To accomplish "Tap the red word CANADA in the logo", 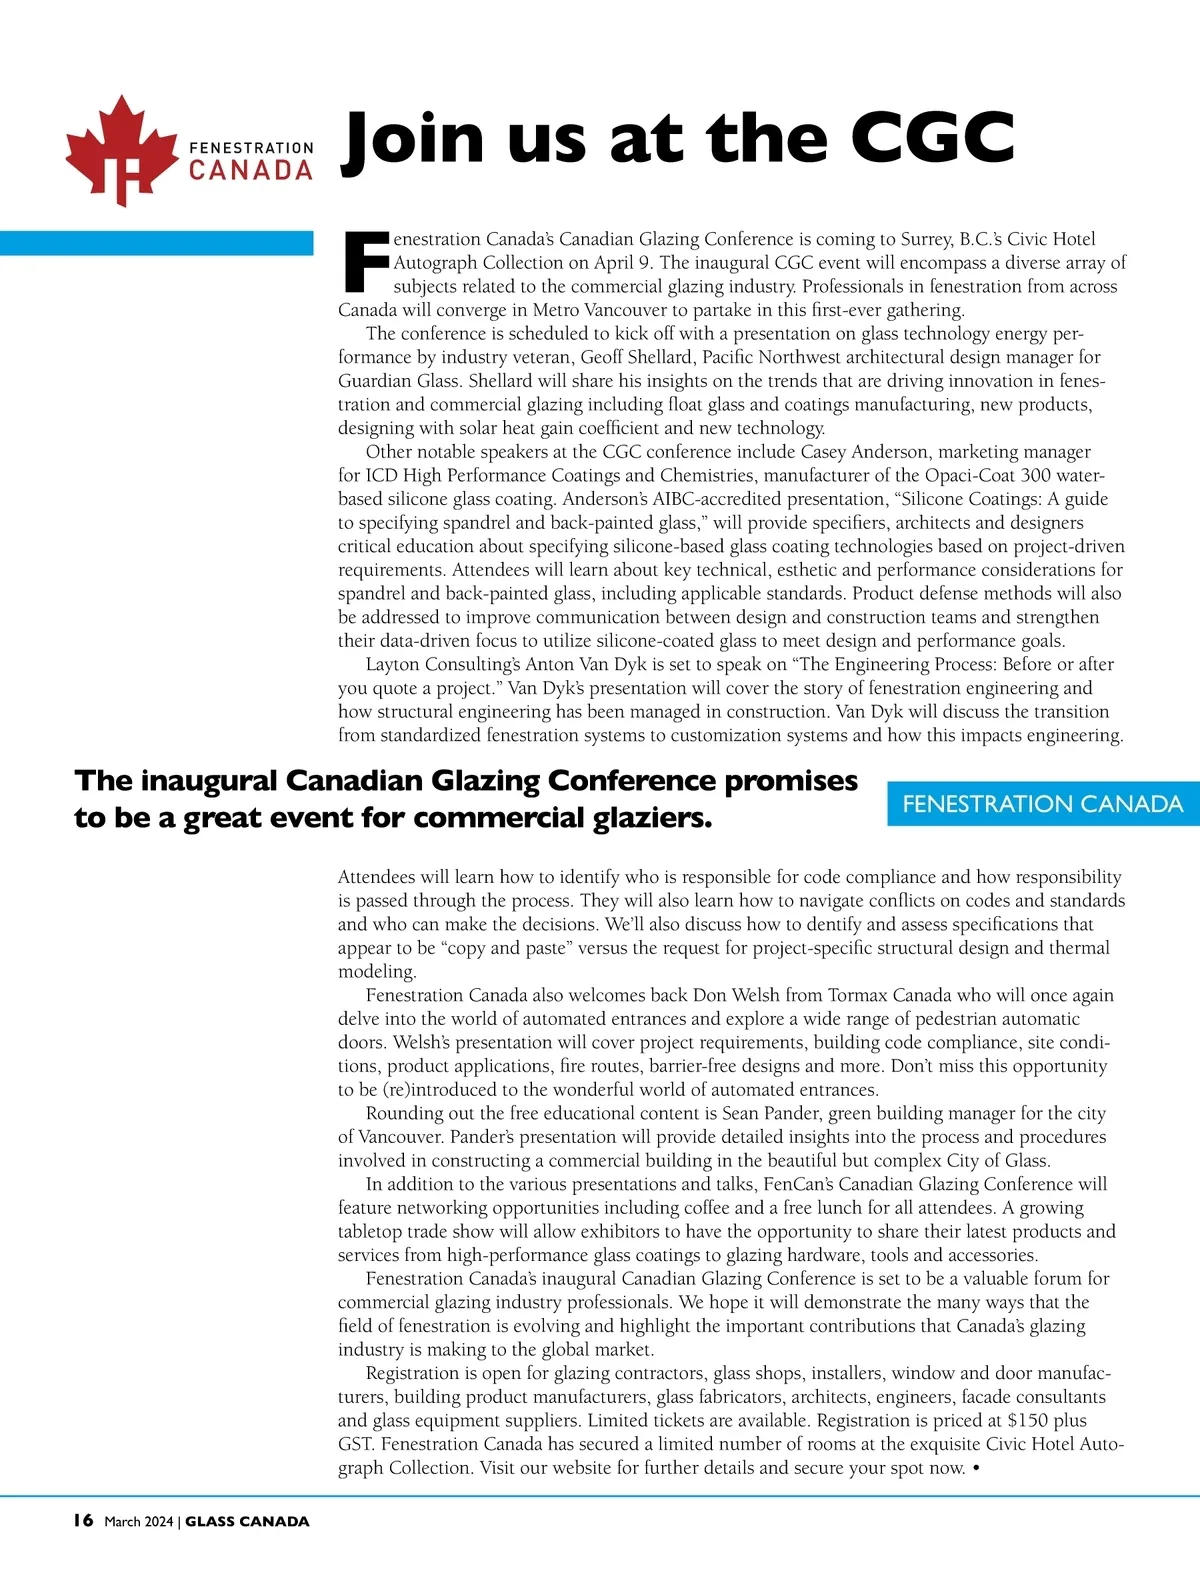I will pos(251,171).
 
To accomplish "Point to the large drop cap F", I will pos(364,263).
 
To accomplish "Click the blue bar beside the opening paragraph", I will pos(156,243).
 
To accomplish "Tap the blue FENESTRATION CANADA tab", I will pos(1042,804).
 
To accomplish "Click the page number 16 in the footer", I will pos(83,1521).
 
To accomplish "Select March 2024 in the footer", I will pos(138,1522).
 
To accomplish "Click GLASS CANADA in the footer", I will pos(247,1522).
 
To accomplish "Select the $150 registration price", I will pos(1030,1420).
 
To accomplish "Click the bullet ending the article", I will pos(976,1468).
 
